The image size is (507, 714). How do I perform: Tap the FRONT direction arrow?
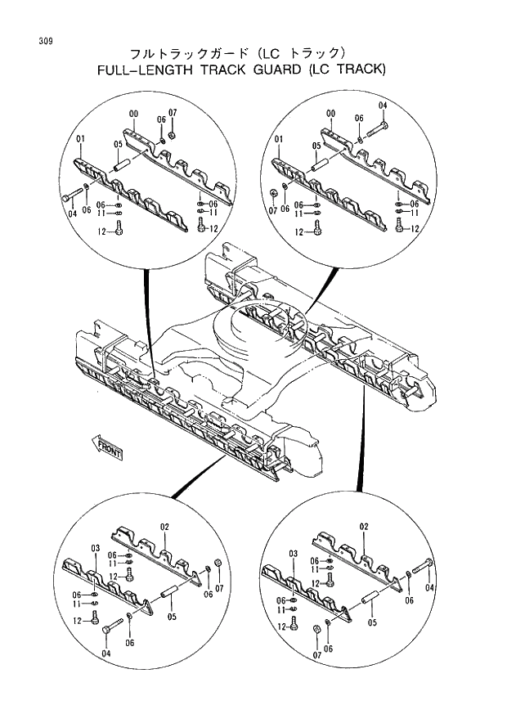[x=107, y=447]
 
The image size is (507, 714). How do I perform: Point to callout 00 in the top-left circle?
[x=133, y=113]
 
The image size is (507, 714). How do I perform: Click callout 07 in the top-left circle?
[x=173, y=112]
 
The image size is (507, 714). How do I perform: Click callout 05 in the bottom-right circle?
[x=372, y=622]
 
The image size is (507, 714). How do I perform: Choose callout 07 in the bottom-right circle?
[x=316, y=654]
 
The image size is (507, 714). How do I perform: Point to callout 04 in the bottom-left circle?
[x=105, y=653]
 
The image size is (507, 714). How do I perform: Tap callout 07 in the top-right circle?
[x=272, y=209]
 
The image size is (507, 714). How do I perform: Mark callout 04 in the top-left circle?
[x=73, y=213]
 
